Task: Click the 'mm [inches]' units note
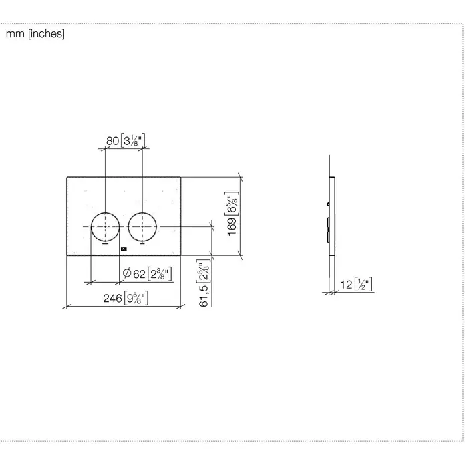pyautogui.click(x=35, y=34)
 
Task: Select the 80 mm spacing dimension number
pyautogui.click(x=113, y=141)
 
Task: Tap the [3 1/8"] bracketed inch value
pyautogui.click(x=133, y=140)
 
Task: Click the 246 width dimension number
pyautogui.click(x=113, y=298)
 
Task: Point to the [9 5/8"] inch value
pyautogui.click(x=136, y=298)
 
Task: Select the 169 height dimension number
pyautogui.click(x=232, y=227)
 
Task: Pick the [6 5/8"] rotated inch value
pyautogui.click(x=232, y=204)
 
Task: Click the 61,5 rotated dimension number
pyautogui.click(x=204, y=296)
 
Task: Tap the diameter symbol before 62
pyautogui.click(x=127, y=272)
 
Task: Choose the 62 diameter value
pyautogui.click(x=139, y=274)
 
